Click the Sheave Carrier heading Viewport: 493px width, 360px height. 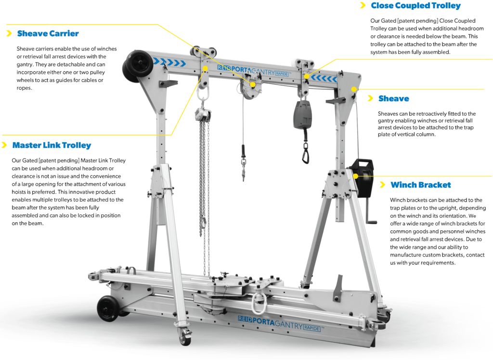point(48,34)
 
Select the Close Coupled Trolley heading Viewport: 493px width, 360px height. point(415,6)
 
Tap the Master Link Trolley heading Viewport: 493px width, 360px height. point(52,145)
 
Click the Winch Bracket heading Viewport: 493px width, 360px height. point(421,185)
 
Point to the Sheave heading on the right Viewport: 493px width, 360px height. point(393,98)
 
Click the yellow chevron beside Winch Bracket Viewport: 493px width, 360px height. point(382,185)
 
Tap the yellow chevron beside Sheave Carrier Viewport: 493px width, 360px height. point(8,34)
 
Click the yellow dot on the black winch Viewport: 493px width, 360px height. point(355,176)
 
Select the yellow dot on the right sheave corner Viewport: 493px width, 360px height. point(354,89)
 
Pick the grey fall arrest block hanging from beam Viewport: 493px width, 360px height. point(302,115)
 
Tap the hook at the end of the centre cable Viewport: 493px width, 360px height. point(244,172)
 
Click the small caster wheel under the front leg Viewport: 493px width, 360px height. point(185,338)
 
